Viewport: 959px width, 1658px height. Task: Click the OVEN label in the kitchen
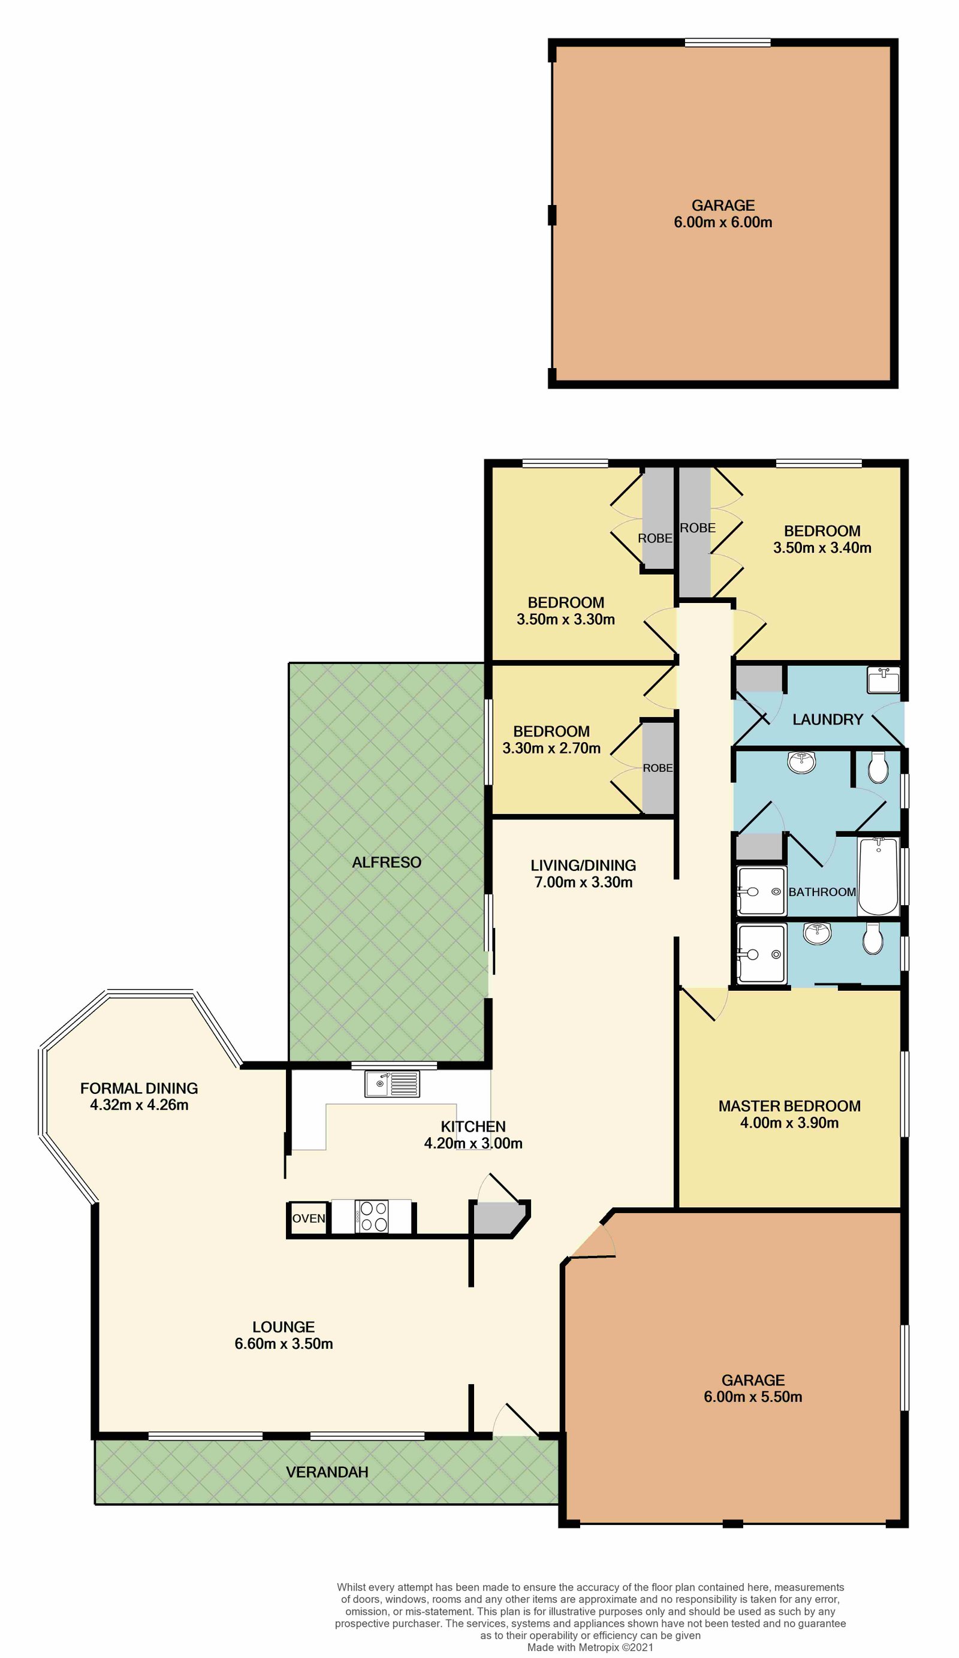(308, 1219)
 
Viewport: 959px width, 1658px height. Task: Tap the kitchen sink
(392, 1084)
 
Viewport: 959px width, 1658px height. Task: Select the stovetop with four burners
(371, 1216)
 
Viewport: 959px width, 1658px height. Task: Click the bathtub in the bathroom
(877, 876)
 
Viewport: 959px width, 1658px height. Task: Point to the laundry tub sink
(883, 680)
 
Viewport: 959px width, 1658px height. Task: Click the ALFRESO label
(386, 863)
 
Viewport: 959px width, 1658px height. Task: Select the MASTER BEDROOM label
(789, 1106)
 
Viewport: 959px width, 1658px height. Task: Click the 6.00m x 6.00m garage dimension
(723, 222)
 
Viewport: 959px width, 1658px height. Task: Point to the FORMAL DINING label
(139, 1088)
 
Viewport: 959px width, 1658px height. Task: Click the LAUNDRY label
(828, 720)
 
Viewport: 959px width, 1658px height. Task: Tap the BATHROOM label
(822, 892)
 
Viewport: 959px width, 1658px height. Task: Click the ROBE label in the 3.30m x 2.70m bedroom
(658, 768)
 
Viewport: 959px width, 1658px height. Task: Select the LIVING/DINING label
(583, 866)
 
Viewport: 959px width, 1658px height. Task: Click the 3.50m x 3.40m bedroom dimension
(822, 548)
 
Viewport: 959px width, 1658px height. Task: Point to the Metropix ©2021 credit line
(590, 1647)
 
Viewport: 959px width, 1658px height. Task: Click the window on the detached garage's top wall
(727, 43)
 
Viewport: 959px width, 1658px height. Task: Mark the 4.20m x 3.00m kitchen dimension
(473, 1144)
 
